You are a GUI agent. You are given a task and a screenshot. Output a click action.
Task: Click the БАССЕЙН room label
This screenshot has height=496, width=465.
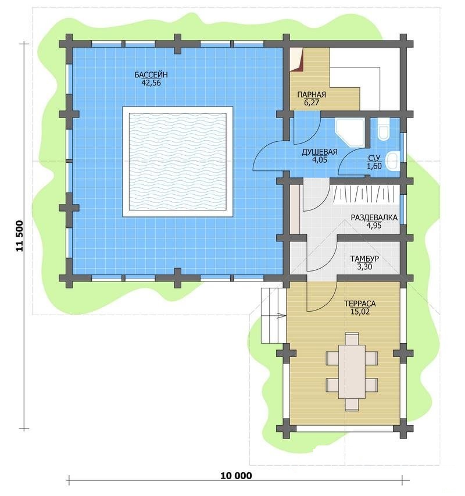tap(151, 75)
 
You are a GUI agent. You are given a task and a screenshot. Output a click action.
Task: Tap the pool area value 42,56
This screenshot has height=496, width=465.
tap(152, 83)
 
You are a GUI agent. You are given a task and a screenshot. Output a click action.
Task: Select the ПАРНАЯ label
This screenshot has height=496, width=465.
tap(312, 95)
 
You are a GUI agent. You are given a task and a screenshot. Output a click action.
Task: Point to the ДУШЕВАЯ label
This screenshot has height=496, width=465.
tap(320, 152)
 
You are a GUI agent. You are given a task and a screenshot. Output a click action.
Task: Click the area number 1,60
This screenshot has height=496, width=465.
tap(374, 166)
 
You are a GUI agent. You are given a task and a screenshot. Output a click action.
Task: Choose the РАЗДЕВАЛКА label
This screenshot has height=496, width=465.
tap(374, 217)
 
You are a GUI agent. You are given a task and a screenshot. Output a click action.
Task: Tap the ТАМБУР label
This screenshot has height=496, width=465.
tap(364, 259)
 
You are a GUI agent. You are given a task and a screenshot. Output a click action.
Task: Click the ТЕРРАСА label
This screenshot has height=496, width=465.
tap(360, 304)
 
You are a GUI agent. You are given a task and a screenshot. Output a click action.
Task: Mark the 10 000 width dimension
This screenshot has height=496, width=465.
tap(236, 476)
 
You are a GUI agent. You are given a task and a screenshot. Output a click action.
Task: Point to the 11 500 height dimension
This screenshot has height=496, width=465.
tap(20, 235)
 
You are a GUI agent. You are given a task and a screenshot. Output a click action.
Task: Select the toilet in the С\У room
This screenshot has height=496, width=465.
tap(384, 129)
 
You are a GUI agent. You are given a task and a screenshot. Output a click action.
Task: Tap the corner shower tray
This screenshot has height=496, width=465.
tap(350, 132)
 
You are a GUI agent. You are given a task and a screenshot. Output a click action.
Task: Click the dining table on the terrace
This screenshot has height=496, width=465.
tap(352, 372)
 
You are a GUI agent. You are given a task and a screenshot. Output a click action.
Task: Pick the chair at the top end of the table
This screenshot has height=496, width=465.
tap(352, 338)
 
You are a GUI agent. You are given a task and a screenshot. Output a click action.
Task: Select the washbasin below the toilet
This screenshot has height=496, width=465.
tap(394, 161)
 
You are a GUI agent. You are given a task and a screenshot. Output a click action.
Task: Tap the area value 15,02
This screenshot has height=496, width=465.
tap(360, 312)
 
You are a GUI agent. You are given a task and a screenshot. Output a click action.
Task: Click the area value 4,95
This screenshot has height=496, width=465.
tap(374, 226)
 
